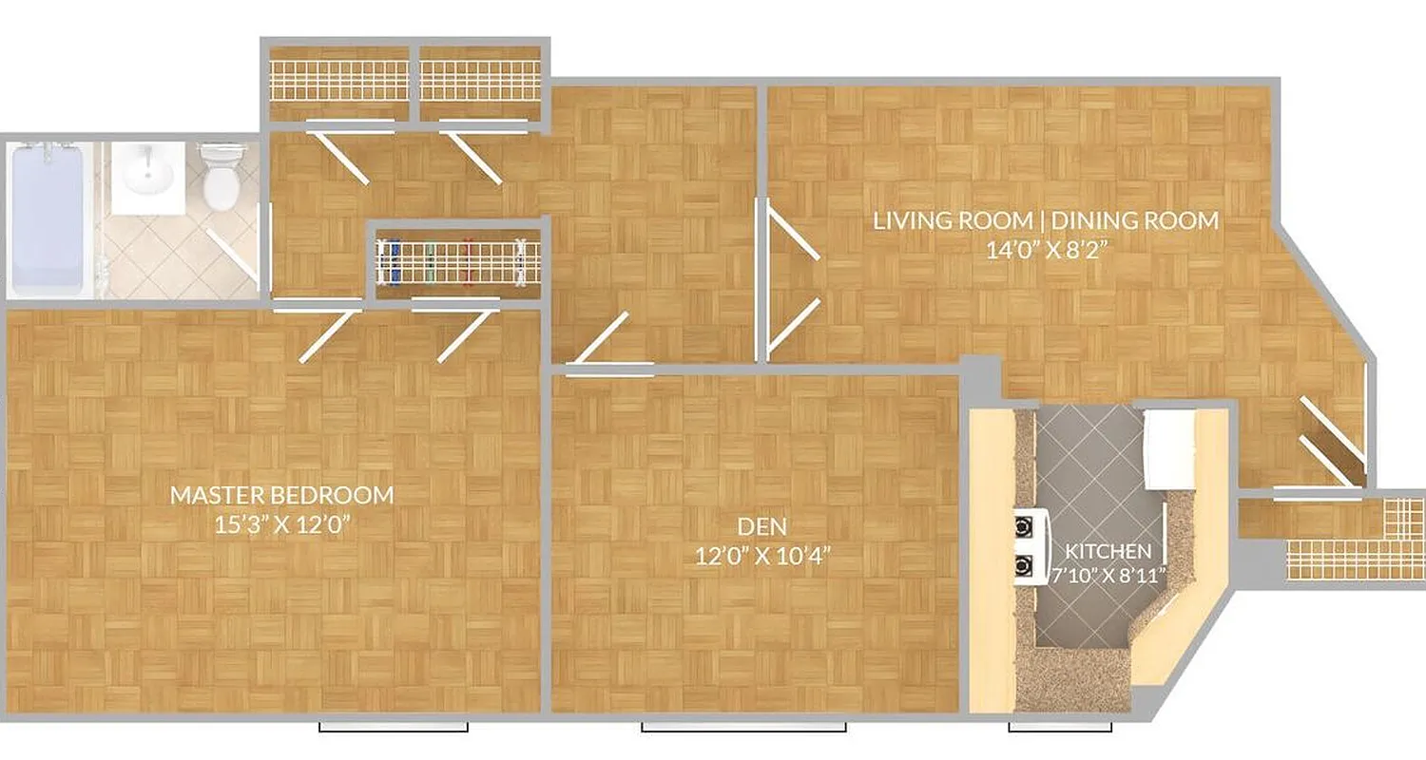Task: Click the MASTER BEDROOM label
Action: coord(281,495)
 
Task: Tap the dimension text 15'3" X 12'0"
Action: coord(281,525)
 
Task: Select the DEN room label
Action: coord(761,525)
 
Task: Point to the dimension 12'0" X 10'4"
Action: coord(761,556)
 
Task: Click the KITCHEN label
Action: coord(1108,551)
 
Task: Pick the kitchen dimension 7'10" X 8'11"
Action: coord(1108,576)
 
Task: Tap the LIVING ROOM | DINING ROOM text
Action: coord(1046,221)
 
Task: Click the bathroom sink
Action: coord(146,177)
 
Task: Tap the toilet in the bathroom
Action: coord(222,177)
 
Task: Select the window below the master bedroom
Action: coord(393,728)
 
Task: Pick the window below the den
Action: coord(743,728)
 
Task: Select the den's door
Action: coord(603,338)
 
